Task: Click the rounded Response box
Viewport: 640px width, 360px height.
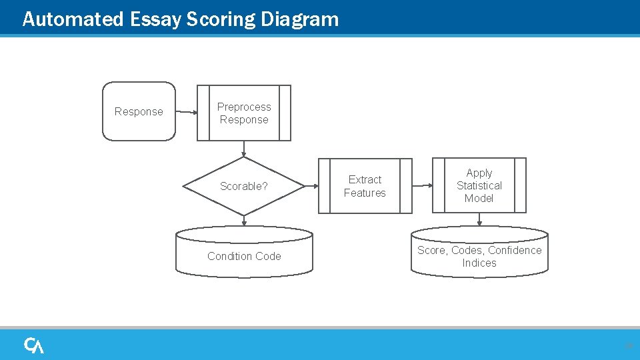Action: [139, 111]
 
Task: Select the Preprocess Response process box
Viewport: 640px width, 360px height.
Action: [244, 113]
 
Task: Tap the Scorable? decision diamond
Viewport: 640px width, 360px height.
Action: [244, 186]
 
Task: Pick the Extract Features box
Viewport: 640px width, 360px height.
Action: [365, 186]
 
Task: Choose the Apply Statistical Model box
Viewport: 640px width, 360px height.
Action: [479, 185]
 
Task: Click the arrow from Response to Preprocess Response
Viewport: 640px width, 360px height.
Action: [187, 112]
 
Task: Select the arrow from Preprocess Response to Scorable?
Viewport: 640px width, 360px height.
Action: [244, 149]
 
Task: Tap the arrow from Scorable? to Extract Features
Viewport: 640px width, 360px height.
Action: [311, 186]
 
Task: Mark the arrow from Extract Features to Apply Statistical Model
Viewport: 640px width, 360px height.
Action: [422, 186]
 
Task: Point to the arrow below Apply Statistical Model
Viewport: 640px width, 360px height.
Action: [479, 220]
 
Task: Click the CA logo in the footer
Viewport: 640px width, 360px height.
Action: [34, 345]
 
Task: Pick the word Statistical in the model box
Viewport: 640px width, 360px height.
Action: [479, 185]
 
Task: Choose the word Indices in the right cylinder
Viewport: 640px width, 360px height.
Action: [479, 263]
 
